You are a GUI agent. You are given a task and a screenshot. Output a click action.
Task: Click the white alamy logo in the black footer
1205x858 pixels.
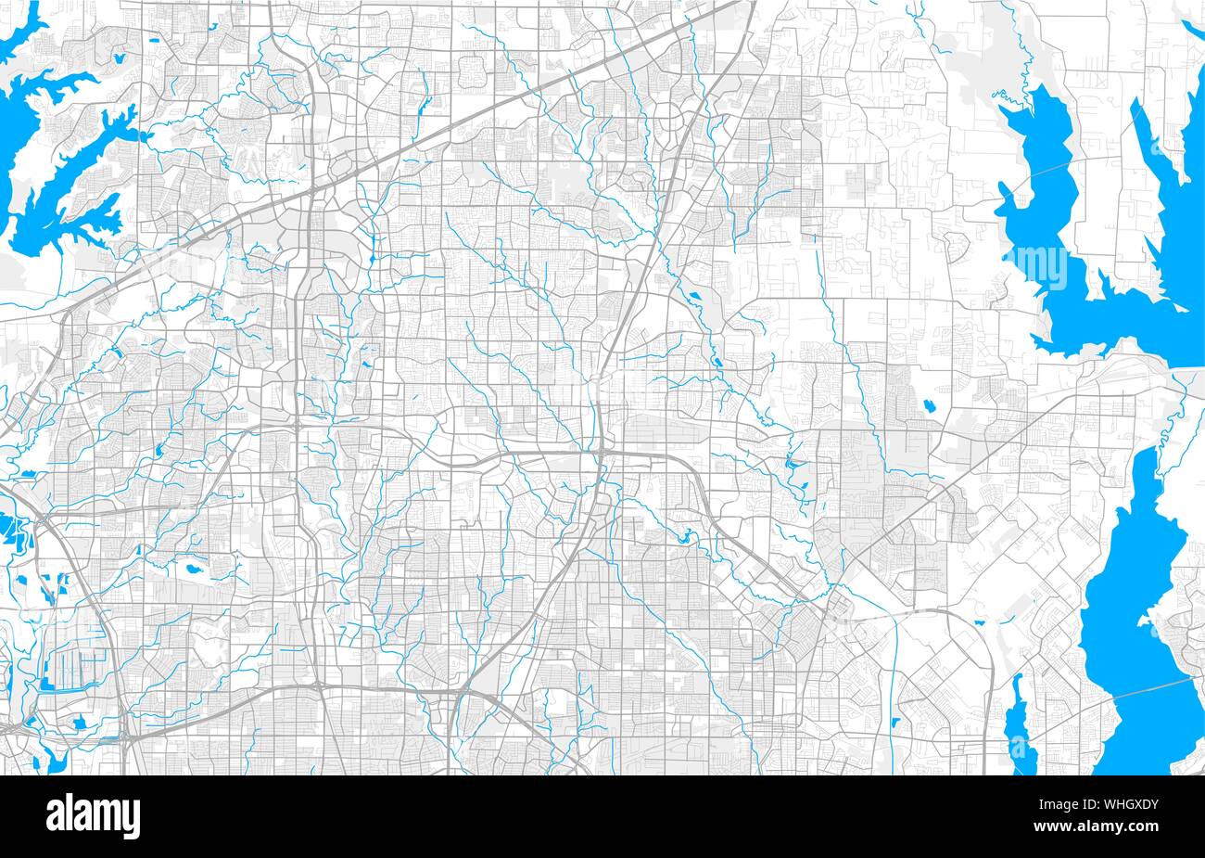click(94, 816)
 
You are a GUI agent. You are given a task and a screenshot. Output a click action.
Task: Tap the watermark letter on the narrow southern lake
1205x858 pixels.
click(1020, 742)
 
